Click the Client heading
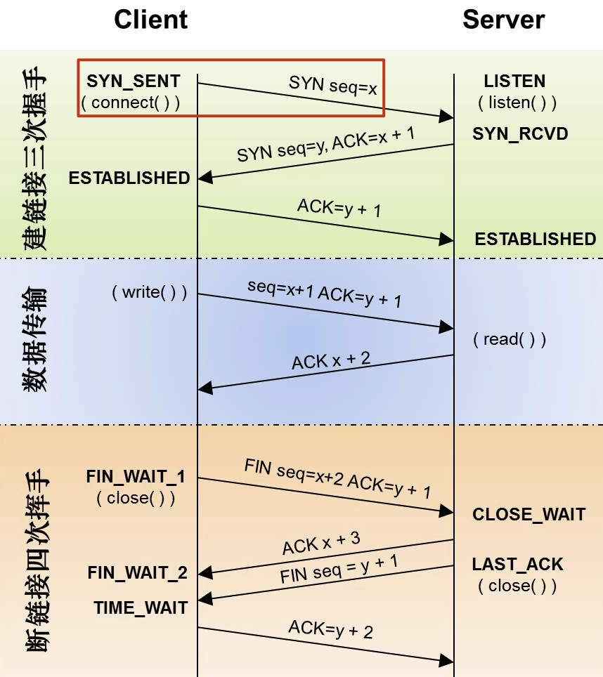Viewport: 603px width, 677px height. coord(150,20)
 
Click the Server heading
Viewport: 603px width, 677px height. coord(504,20)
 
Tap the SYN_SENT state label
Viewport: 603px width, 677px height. coord(133,81)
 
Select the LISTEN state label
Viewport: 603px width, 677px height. coord(514,81)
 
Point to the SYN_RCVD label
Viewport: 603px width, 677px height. coord(520,134)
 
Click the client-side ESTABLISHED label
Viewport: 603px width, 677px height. coord(129,178)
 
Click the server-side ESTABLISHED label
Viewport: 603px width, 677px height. coord(536,239)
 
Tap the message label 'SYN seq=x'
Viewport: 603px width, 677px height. coord(332,85)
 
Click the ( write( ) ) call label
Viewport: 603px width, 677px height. coord(150,292)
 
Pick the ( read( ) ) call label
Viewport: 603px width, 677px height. coord(510,339)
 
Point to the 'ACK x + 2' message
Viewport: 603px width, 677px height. coord(331,360)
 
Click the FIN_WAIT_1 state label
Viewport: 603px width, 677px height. coord(136,477)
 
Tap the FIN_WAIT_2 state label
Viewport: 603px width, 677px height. coord(137,573)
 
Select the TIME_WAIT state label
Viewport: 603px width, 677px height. coord(141,608)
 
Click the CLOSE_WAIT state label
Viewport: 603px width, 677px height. coord(529,514)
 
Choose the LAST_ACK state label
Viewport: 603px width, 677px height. coord(517,565)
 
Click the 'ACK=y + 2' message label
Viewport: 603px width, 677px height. coord(330,629)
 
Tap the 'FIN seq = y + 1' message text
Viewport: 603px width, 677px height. coord(339,569)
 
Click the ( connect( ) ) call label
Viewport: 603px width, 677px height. coord(131,103)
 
